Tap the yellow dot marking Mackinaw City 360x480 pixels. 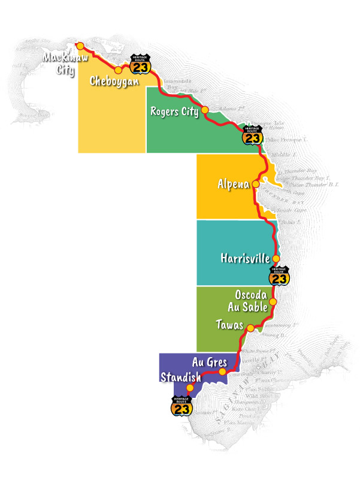pos(79,45)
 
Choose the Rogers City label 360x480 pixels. pos(174,111)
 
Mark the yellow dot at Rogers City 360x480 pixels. pos(205,110)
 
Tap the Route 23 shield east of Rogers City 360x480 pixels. pos(253,135)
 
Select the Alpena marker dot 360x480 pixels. pos(256,184)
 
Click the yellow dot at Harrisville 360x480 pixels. pos(276,259)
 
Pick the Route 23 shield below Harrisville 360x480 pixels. pos(279,276)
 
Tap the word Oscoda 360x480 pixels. pos(251,296)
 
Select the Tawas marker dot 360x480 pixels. pos(250,328)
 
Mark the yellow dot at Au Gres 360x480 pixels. pos(223,372)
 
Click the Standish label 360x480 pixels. pos(180,377)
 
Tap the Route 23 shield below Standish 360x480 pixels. pos(182,406)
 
